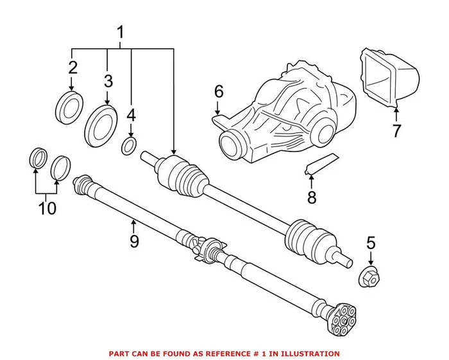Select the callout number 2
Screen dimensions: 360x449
(72, 67)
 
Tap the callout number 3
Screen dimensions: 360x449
(107, 81)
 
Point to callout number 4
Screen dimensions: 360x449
(131, 116)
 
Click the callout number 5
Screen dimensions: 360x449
(369, 243)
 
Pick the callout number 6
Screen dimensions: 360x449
(218, 92)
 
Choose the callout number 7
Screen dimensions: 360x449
(396, 131)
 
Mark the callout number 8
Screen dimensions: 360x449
(312, 197)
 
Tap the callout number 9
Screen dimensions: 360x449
(133, 241)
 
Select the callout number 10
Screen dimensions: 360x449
(47, 208)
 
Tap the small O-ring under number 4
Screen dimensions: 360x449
(128, 146)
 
